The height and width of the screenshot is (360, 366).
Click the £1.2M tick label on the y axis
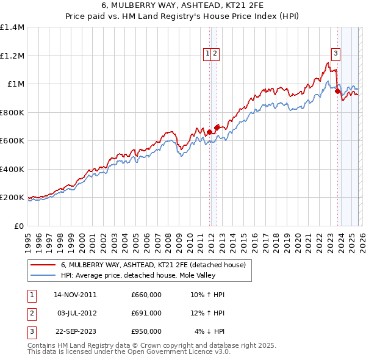tap(12, 56)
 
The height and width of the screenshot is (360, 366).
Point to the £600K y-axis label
tap(12, 140)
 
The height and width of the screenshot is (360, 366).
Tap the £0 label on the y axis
tap(18, 226)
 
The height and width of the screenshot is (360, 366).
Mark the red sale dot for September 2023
tap(337, 92)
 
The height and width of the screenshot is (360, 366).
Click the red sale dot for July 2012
tap(217, 128)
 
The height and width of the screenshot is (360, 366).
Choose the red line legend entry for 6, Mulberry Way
tap(152, 265)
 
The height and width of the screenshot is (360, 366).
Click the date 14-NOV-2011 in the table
tap(75, 295)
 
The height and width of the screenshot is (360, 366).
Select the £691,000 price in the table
tap(146, 313)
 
